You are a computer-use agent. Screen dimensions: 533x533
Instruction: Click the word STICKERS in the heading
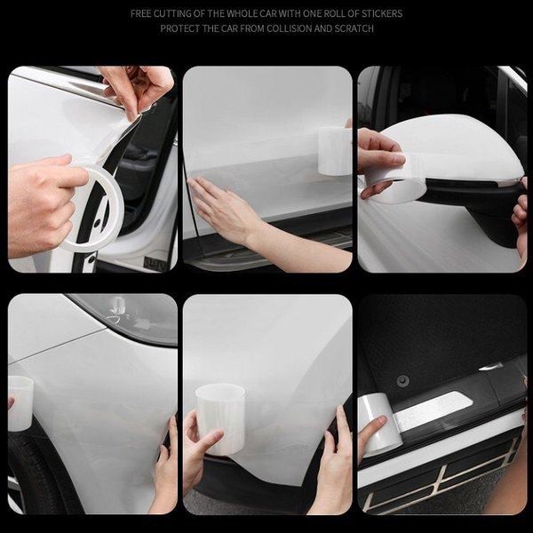click(382, 13)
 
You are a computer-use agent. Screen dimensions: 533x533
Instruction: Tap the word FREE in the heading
click(141, 13)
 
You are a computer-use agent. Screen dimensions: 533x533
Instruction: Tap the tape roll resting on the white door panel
click(335, 151)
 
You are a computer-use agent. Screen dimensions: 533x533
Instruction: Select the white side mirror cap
click(452, 147)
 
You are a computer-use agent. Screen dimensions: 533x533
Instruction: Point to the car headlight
click(127, 317)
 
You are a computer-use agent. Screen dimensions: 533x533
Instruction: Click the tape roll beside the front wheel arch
click(20, 403)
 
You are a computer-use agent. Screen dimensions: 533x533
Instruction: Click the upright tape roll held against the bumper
click(220, 418)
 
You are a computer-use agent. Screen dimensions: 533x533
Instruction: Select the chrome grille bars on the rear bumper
click(442, 476)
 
